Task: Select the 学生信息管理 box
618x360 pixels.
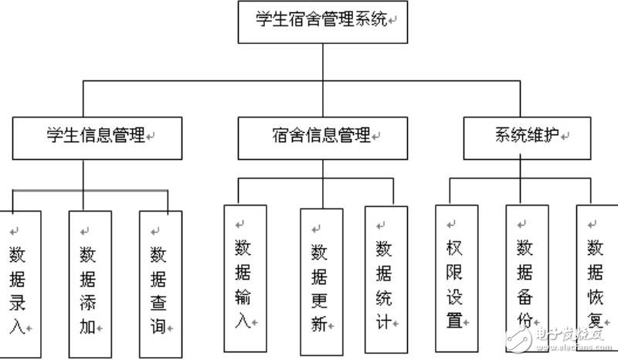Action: pyautogui.click(x=97, y=138)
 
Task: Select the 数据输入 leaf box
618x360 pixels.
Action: pyautogui.click(x=243, y=278)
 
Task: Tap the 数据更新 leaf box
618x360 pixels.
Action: pyautogui.click(x=319, y=278)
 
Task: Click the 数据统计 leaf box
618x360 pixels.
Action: pyautogui.click(x=383, y=278)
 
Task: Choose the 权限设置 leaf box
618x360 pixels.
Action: pyautogui.click(x=454, y=278)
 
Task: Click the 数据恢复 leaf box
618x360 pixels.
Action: pyautogui.click(x=594, y=278)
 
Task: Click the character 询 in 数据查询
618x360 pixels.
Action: pyautogui.click(x=158, y=327)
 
